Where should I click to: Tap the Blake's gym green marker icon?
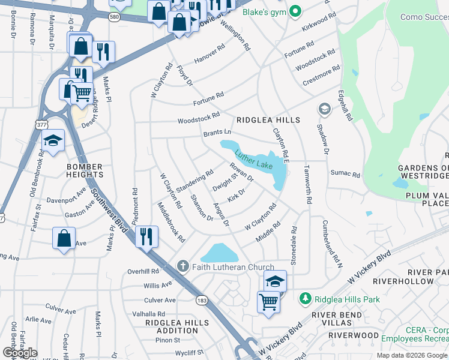295,11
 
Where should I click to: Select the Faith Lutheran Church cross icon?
183,266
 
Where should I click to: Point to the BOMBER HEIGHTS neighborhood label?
85,170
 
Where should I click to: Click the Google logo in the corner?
20,353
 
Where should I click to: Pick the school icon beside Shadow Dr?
324,109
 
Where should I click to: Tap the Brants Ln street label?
217,132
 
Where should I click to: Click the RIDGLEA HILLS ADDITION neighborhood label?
169,326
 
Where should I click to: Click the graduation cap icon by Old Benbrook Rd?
53,141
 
